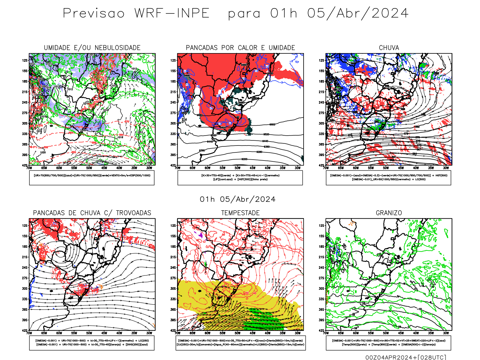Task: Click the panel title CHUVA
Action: point(389,48)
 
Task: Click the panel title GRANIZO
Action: point(389,213)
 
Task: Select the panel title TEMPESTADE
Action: point(240,213)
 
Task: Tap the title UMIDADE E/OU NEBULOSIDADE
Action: point(92,48)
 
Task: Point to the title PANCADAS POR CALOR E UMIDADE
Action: point(240,48)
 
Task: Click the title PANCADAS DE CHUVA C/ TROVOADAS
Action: point(92,213)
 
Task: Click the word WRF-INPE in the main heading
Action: point(172,13)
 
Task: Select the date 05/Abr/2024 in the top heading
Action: point(358,13)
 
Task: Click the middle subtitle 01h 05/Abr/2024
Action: point(238,199)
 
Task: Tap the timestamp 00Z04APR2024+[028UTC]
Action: point(406,357)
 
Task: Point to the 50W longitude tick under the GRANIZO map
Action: point(386,333)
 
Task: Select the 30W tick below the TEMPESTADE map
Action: point(298,333)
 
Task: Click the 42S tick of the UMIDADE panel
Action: point(24,165)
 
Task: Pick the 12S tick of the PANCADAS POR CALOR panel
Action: point(173,61)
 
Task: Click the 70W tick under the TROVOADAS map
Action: point(29,333)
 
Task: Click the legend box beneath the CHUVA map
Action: point(388,178)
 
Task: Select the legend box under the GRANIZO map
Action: point(388,343)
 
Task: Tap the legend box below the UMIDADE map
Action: point(92,178)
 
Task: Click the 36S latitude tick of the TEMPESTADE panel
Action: point(173,310)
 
